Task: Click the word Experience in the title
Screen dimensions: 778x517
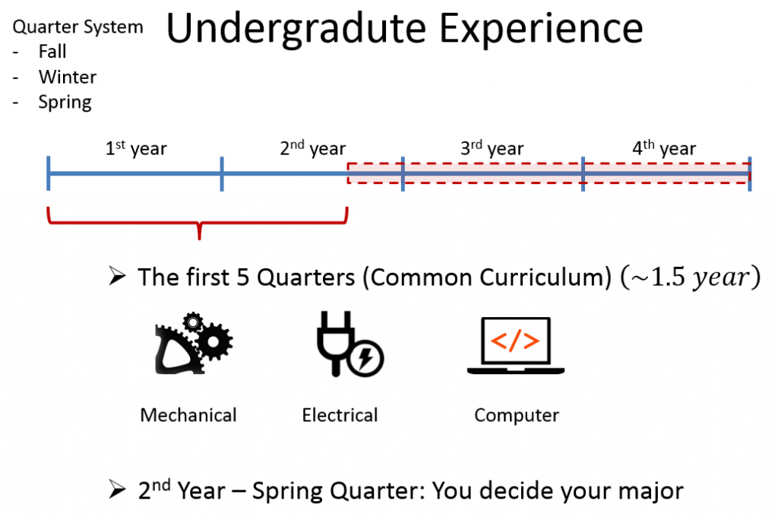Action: point(541,28)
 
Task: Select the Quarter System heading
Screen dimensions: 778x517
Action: point(78,27)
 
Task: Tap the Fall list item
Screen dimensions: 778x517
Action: point(52,52)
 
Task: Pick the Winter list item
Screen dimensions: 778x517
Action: point(68,77)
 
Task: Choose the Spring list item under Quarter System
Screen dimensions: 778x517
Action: point(65,103)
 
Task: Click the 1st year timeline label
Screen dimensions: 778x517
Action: point(136,148)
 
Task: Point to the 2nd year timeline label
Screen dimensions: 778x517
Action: point(312,148)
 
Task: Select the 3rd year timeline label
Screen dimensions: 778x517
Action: point(492,148)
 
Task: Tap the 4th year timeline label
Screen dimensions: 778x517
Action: point(664,148)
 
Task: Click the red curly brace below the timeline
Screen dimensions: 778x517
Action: point(199,223)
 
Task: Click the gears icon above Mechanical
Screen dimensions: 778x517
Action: point(194,343)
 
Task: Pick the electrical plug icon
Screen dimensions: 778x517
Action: point(350,344)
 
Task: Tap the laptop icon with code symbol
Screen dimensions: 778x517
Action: point(516,346)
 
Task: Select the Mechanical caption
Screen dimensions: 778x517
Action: point(188,415)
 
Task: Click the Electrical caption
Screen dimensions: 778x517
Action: point(340,415)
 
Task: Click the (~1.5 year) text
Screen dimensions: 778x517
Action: point(690,277)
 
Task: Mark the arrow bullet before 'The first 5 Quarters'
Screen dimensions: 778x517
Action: point(117,276)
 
